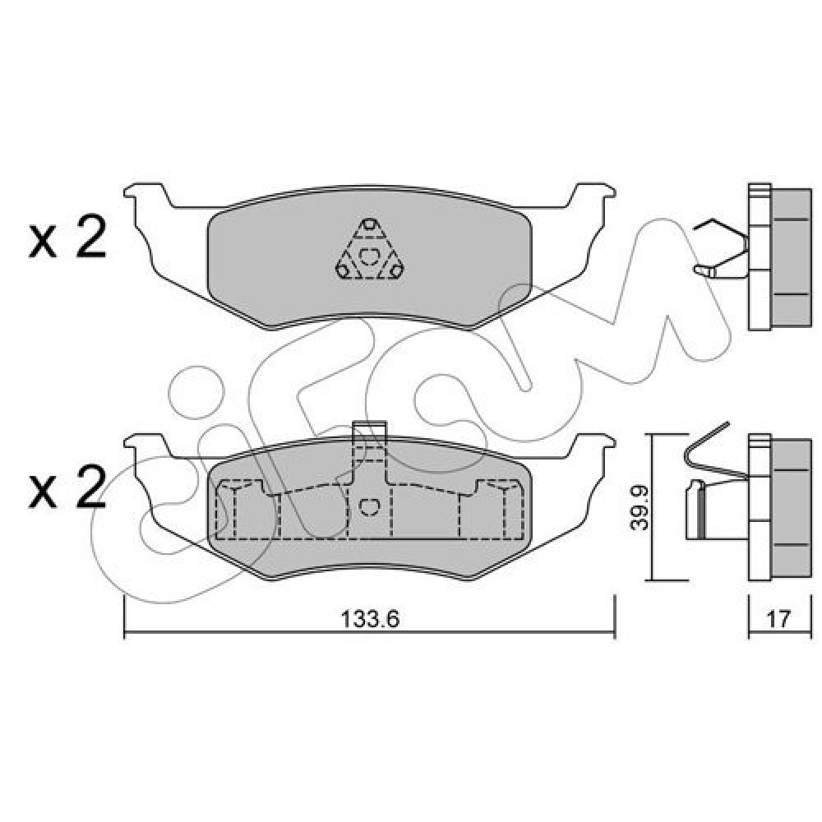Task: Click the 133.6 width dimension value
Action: click(370, 620)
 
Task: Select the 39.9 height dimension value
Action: click(640, 508)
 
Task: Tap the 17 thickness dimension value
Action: click(778, 620)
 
